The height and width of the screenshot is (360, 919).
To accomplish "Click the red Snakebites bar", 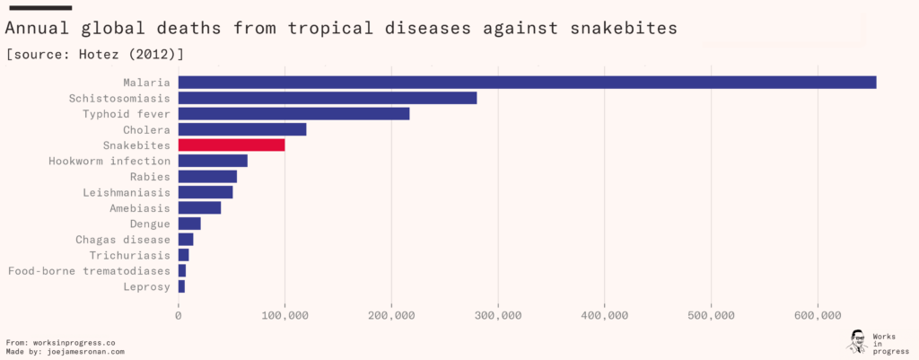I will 232,145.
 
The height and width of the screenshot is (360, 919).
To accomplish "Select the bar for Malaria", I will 527,83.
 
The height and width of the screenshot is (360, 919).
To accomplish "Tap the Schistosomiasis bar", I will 328,98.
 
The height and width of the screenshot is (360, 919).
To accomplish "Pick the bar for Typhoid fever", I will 293,114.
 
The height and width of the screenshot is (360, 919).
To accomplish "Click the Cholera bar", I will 242,129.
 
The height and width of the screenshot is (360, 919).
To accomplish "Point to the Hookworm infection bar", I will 213,161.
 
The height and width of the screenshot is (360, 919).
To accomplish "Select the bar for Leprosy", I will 181,286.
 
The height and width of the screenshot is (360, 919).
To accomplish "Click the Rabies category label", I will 150,177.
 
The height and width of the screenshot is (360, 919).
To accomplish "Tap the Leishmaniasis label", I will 127,192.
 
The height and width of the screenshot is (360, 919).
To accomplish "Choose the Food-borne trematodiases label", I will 89,271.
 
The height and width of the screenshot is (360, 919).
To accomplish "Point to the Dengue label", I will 150,224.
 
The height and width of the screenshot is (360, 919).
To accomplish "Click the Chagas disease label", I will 123,240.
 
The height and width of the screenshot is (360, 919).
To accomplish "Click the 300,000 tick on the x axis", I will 498,315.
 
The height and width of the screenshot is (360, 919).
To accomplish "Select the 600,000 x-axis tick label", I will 818,315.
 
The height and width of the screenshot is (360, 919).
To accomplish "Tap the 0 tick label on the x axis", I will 179,315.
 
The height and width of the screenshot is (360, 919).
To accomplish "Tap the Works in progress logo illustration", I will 856,341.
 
